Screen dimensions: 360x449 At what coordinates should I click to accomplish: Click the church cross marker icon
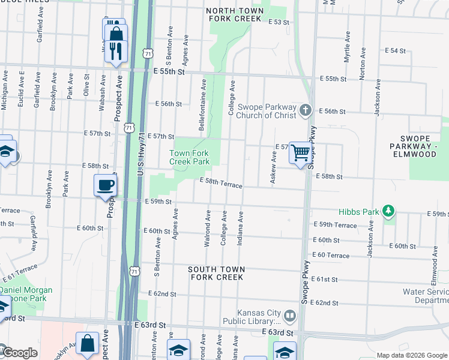point(306,109)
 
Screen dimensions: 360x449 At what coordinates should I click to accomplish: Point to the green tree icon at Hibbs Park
point(390,211)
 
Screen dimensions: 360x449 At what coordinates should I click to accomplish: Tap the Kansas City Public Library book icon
point(289,316)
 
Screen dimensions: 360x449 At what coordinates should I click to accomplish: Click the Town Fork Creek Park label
point(189,157)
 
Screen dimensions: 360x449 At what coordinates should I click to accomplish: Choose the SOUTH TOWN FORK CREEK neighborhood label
point(216,273)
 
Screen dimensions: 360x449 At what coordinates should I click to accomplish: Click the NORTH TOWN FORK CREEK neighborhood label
point(235,14)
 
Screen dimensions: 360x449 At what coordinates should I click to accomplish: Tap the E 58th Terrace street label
point(221,183)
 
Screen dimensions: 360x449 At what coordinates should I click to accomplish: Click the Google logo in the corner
point(19,352)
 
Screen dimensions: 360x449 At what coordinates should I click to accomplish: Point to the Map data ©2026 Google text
point(411,355)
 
